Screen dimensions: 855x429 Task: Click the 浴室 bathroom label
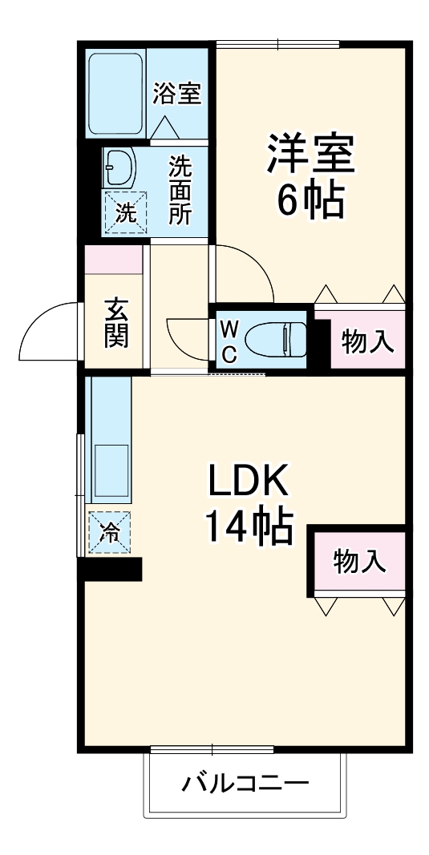(x=176, y=93)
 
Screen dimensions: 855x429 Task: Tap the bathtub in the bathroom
(x=116, y=93)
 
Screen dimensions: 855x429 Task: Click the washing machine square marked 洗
(x=124, y=212)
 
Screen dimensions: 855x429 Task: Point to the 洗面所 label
(x=180, y=191)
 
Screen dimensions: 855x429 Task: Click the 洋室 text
(x=311, y=154)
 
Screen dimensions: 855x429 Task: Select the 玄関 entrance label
(x=116, y=323)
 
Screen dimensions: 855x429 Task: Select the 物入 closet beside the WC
(x=367, y=342)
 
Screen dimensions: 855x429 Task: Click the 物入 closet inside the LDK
(x=359, y=561)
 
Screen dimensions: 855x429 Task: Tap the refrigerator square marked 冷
(x=109, y=531)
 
